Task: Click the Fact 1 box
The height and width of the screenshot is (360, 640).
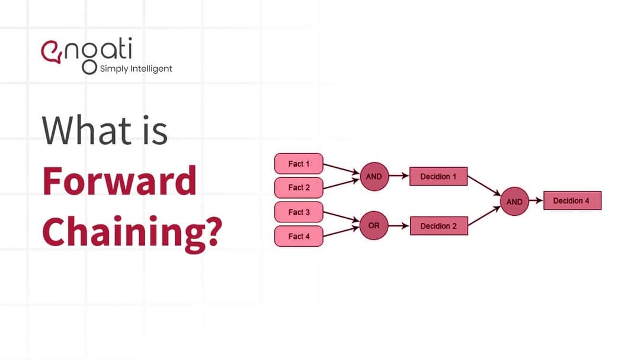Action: click(299, 164)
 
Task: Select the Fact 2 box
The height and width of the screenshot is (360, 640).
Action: click(299, 187)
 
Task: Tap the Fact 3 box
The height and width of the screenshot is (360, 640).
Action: click(299, 212)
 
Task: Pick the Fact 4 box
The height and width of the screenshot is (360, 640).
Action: click(299, 236)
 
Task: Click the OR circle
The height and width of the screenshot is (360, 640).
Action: click(374, 226)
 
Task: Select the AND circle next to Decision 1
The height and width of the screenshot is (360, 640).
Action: click(374, 177)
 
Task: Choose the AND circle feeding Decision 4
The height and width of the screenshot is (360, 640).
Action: click(514, 202)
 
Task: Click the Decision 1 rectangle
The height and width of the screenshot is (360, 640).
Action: click(438, 177)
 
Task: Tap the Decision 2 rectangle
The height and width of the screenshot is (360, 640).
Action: click(438, 226)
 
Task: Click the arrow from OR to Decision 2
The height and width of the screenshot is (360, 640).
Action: click(399, 226)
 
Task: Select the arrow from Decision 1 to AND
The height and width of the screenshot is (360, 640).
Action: click(485, 185)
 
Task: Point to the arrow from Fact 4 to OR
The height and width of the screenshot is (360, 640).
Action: click(342, 231)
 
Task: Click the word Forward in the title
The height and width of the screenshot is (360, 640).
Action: click(119, 181)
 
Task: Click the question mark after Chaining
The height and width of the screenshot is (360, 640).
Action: click(210, 231)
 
